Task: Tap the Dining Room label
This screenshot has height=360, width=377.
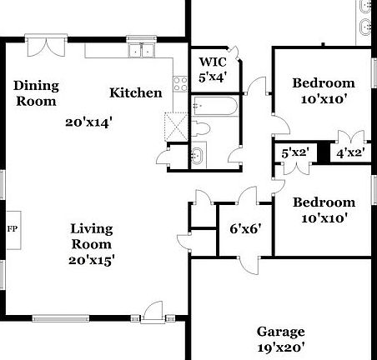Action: pyautogui.click(x=35, y=93)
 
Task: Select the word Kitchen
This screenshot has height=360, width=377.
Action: pyautogui.click(x=136, y=92)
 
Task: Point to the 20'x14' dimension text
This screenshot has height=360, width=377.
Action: pyautogui.click(x=89, y=122)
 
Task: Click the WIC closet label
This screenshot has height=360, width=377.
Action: pyautogui.click(x=212, y=62)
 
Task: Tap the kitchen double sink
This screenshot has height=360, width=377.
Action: pyautogui.click(x=141, y=52)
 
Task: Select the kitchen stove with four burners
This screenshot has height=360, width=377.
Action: pyautogui.click(x=178, y=83)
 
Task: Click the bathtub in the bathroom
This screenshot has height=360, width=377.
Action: pyautogui.click(x=214, y=107)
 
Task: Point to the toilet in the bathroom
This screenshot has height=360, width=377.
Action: pyautogui.click(x=204, y=131)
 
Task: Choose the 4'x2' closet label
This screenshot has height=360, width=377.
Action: pyautogui.click(x=349, y=153)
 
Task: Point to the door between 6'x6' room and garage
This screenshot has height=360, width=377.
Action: pyautogui.click(x=248, y=262)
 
